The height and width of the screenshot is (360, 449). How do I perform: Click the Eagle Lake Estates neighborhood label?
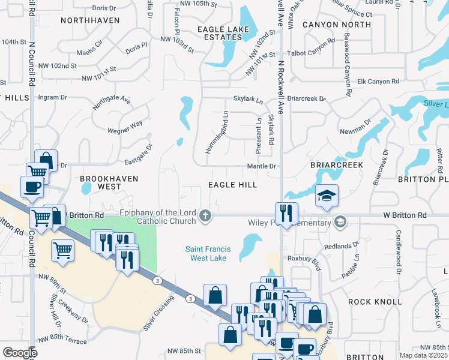[x=226, y=32]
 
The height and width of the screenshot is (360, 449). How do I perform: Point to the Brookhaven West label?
[x=109, y=183]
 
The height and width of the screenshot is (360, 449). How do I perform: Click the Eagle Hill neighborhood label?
[x=232, y=185]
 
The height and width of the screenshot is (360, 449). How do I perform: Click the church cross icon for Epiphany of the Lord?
[x=206, y=215]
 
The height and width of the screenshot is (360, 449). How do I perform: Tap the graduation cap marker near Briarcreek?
[x=327, y=196]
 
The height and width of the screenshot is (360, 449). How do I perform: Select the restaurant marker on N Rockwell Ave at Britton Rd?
[x=286, y=213]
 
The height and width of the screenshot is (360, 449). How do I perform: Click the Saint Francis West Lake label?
[x=208, y=254]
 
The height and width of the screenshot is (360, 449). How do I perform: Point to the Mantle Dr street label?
[x=261, y=166]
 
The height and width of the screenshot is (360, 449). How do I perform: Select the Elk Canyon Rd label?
[x=378, y=82]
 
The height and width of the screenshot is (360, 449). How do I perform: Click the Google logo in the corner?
[x=20, y=353]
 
